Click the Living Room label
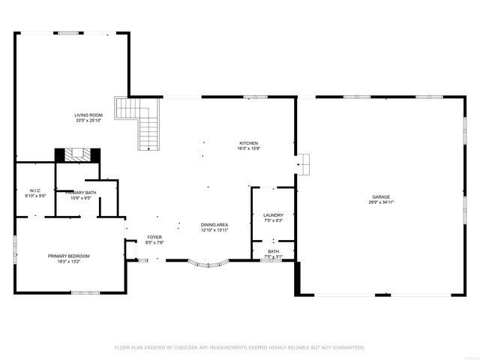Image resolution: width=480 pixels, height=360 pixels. click(x=88, y=115)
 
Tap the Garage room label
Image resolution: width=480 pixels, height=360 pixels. click(x=381, y=196)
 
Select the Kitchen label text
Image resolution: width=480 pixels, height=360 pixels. click(x=249, y=143)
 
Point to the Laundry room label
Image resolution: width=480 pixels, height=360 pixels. click(x=273, y=214)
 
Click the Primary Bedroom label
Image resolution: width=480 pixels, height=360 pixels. click(x=69, y=256)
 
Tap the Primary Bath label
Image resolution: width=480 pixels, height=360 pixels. click(x=81, y=193)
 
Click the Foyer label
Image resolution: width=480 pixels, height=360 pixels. click(x=154, y=237)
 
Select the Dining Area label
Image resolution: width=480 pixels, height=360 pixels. click(x=214, y=224)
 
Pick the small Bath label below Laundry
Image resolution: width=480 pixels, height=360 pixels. click(x=273, y=252)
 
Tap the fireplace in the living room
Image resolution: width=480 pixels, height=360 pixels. click(x=76, y=154)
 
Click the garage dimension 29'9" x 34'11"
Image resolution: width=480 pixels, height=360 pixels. click(x=381, y=202)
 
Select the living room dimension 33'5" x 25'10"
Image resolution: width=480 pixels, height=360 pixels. click(x=88, y=120)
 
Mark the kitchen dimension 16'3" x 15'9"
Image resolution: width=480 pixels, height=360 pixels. click(x=249, y=148)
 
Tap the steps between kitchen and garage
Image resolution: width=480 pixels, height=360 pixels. click(x=303, y=164)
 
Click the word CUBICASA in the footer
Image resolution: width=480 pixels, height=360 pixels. click(x=187, y=347)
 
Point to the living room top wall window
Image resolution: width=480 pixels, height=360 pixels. click(x=69, y=32)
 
